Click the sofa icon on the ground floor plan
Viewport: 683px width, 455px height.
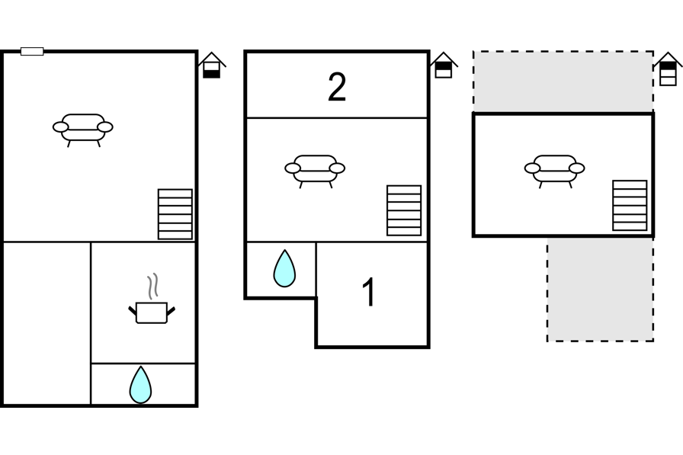83,130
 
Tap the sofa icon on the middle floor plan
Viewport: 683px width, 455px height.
315,171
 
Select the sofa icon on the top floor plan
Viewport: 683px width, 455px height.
554,171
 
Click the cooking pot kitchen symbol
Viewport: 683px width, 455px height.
152,312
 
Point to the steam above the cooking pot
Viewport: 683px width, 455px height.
152,286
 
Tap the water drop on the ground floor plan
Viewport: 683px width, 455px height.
140,385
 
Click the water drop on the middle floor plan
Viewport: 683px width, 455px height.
284,268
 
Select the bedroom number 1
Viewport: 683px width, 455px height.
369,292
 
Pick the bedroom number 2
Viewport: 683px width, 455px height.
337,87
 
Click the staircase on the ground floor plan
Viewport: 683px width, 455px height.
175,214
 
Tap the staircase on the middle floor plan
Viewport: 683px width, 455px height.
404,211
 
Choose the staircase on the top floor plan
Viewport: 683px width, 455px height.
630,206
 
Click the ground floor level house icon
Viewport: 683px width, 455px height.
212,66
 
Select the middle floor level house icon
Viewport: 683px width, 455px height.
444,66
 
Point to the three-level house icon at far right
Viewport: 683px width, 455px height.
669,69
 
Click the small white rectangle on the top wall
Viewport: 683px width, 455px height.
32,51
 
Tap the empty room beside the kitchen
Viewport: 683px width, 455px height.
47,323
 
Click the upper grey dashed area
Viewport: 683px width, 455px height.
563,82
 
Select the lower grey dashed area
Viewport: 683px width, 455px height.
600,289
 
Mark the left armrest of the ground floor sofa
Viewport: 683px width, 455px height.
60,127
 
